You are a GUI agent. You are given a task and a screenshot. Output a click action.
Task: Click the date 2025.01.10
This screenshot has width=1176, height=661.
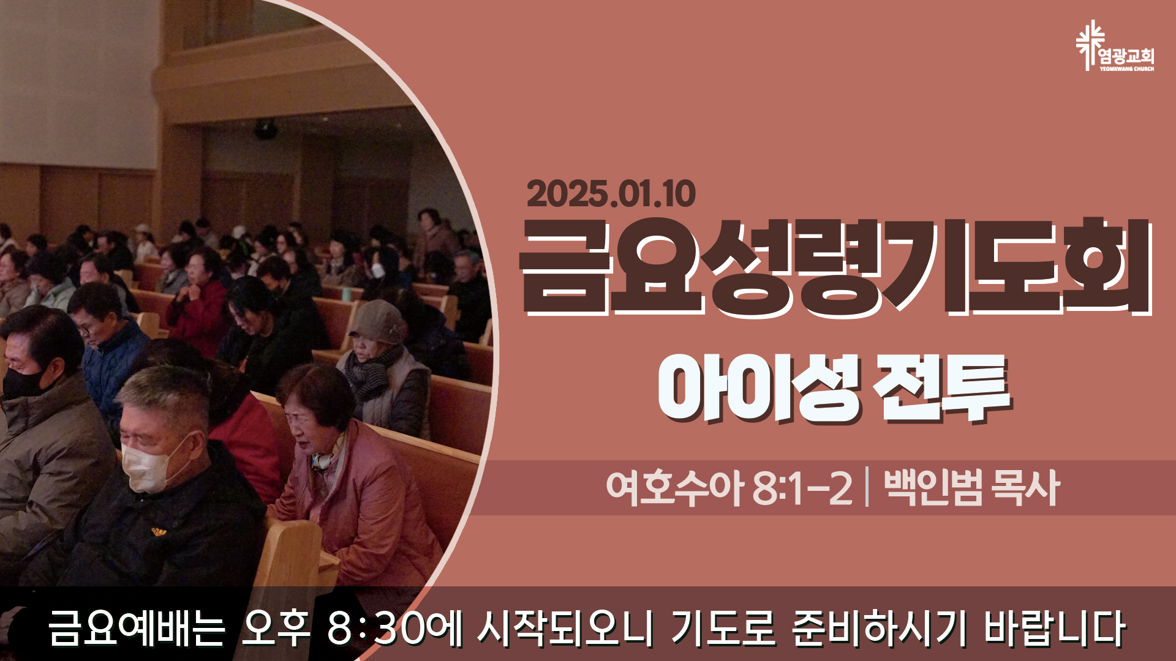click(x=611, y=194)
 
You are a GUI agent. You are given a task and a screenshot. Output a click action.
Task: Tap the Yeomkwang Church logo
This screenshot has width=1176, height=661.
click(x=1115, y=47)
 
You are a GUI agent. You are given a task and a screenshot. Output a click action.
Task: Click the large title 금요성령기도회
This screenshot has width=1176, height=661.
click(x=837, y=267)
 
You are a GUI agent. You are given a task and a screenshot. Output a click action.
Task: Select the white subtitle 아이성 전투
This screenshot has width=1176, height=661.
click(x=834, y=389)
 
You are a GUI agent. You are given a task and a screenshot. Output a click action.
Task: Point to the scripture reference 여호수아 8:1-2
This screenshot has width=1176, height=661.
click(x=729, y=488)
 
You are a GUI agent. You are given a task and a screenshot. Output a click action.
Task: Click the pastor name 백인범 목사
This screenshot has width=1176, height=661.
click(x=971, y=488)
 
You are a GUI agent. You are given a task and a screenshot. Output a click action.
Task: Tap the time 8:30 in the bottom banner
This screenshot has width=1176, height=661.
click(x=376, y=629)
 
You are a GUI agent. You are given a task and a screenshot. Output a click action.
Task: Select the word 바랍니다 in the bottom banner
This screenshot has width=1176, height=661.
click(x=1055, y=629)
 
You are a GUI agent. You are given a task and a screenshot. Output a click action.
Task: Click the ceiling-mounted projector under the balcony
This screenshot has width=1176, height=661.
click(x=265, y=129)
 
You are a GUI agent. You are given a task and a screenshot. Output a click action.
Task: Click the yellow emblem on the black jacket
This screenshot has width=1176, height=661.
click(x=159, y=531)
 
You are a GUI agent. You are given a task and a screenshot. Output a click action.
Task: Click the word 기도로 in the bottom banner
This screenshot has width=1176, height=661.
click(x=723, y=629)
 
